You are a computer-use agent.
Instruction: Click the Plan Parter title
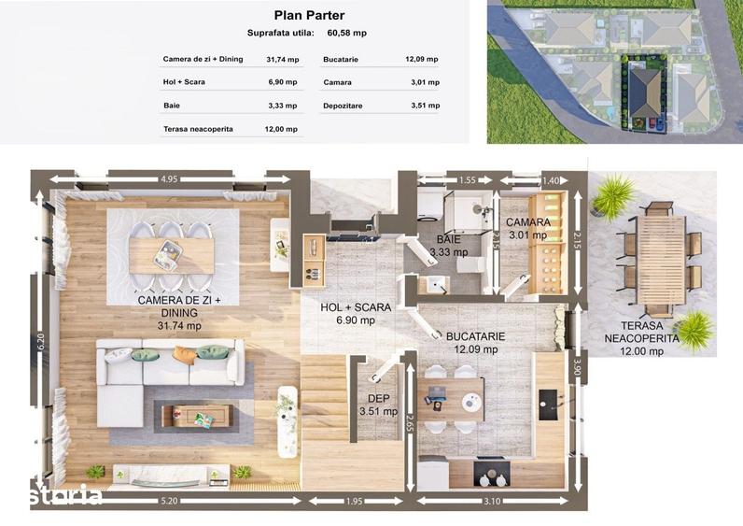309,15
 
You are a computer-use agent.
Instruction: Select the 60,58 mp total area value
347,34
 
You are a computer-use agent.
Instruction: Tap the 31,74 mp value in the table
283,60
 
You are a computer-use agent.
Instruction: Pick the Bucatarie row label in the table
341,60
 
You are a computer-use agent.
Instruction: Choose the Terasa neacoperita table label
198,129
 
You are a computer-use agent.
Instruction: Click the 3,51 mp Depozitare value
425,106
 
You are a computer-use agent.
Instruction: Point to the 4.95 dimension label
169,179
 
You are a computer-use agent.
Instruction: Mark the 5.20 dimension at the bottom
169,501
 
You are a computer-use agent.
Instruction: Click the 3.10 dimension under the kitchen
492,501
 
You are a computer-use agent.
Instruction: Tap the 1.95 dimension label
354,501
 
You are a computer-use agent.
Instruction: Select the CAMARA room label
528,222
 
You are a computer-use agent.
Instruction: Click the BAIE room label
448,239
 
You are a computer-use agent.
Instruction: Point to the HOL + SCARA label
356,307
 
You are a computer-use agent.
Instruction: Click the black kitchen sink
548,405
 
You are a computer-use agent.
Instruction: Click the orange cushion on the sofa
185,355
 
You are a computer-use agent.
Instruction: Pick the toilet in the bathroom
470,264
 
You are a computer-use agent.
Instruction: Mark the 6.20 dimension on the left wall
40,341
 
